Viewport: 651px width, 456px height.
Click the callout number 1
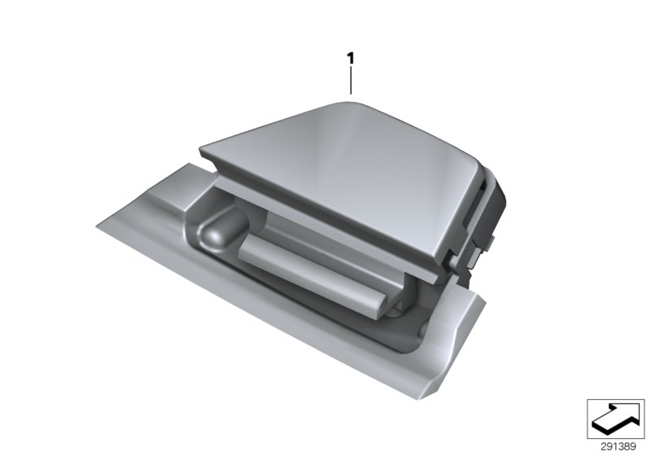point(351,59)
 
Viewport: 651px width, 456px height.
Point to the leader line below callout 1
point(351,81)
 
